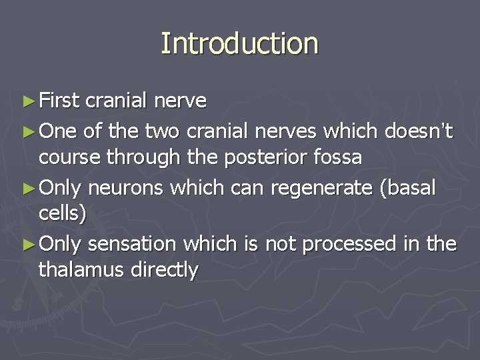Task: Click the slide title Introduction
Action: pos(239,44)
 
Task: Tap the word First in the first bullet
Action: pos(59,101)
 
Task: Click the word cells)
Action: pos(61,215)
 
